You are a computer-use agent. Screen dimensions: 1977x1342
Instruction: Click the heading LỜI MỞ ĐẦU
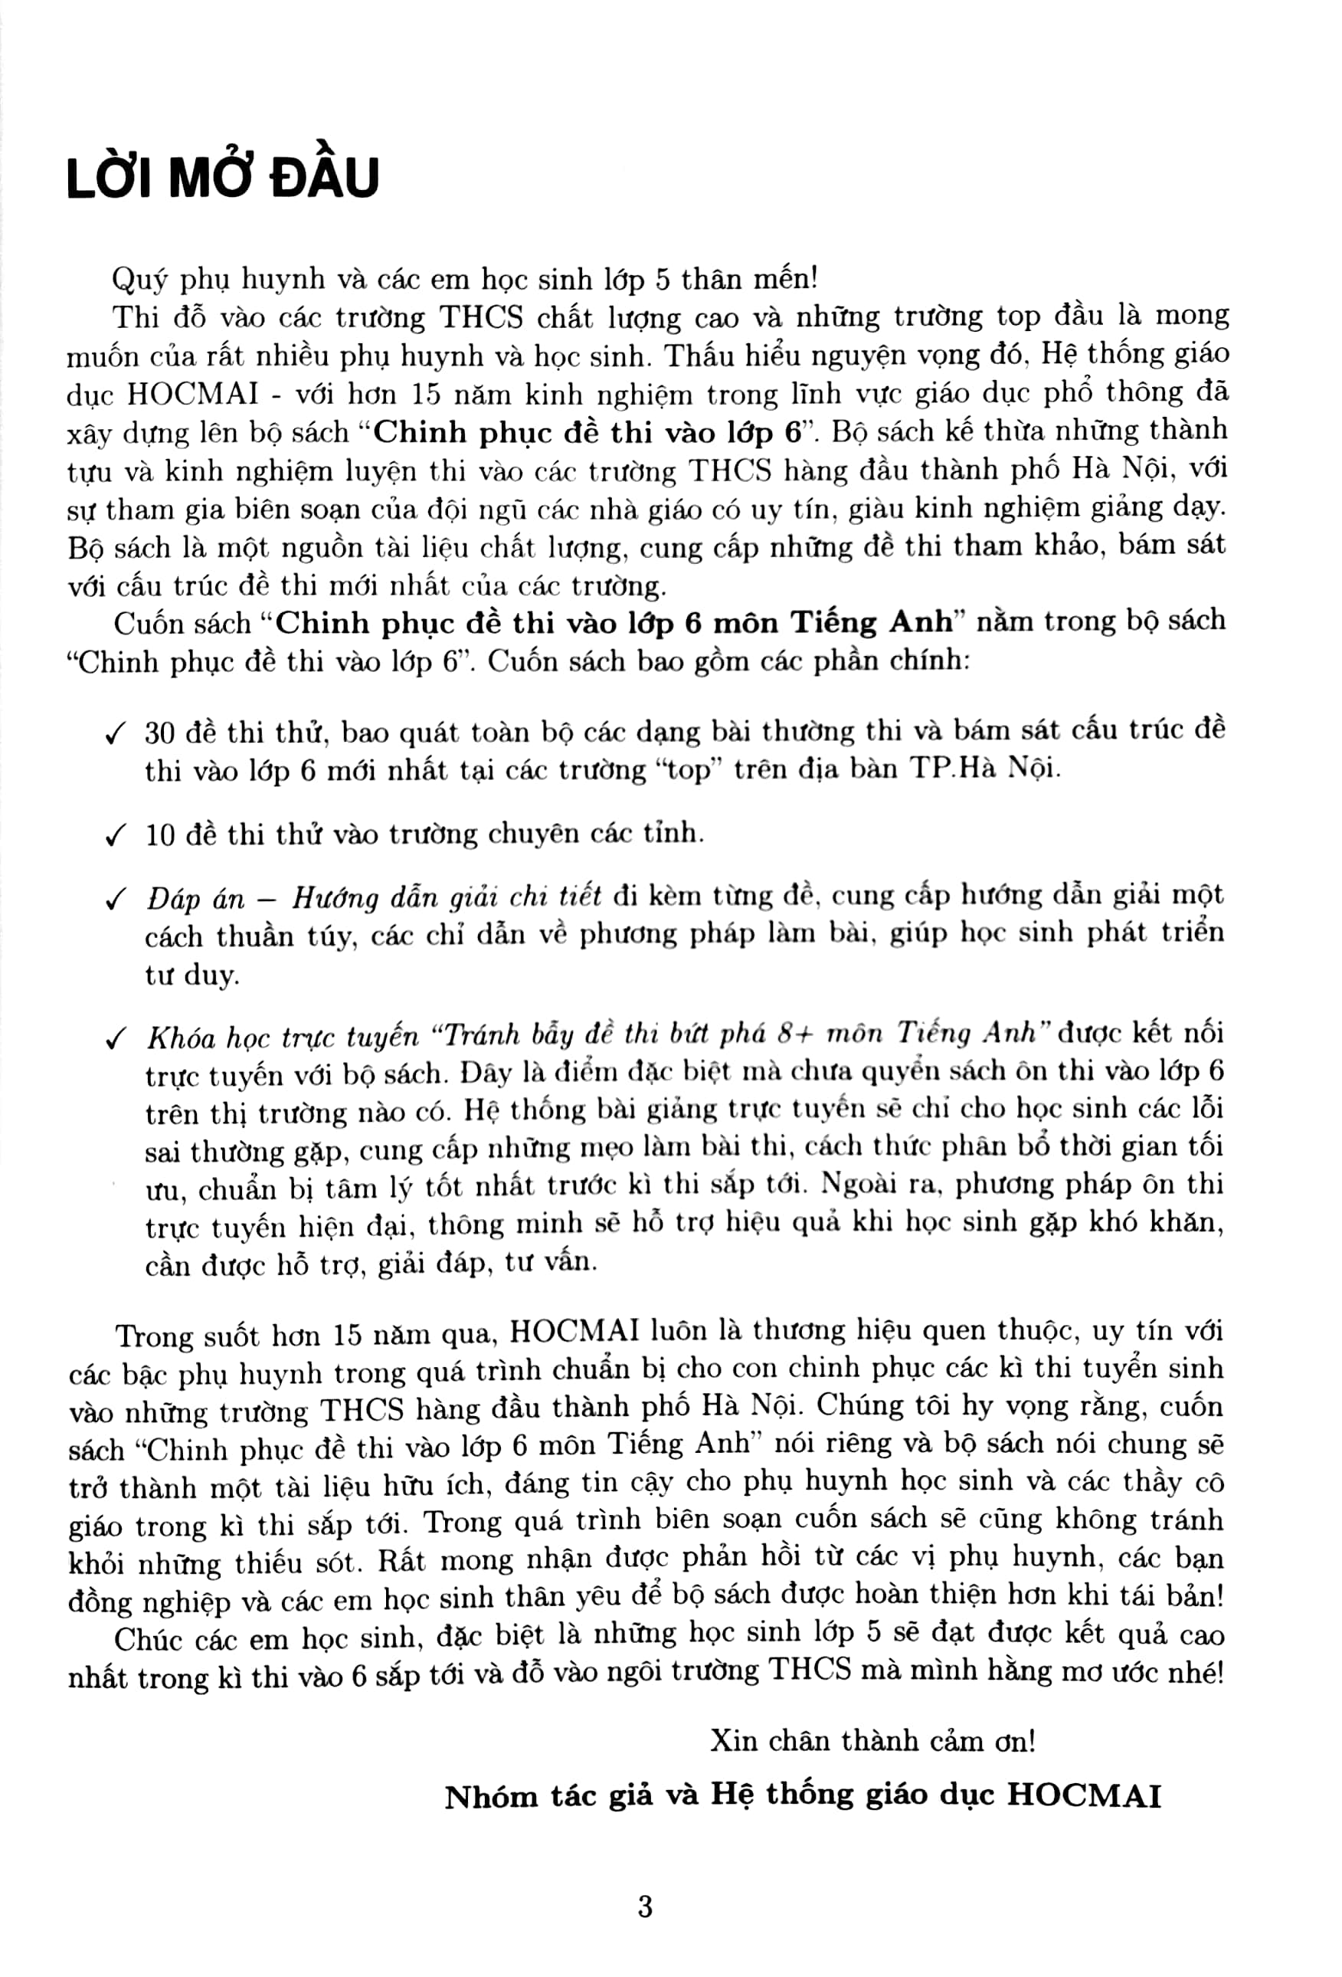coord(222,179)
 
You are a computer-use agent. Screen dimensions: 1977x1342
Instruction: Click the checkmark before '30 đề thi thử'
coord(114,734)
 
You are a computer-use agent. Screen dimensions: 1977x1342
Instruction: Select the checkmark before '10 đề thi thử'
coord(114,836)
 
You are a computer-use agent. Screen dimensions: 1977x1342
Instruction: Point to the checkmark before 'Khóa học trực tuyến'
coord(114,1038)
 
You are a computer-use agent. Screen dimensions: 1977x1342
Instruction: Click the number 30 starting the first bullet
coord(159,733)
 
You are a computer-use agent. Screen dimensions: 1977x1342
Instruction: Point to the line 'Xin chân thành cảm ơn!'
coord(872,1739)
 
